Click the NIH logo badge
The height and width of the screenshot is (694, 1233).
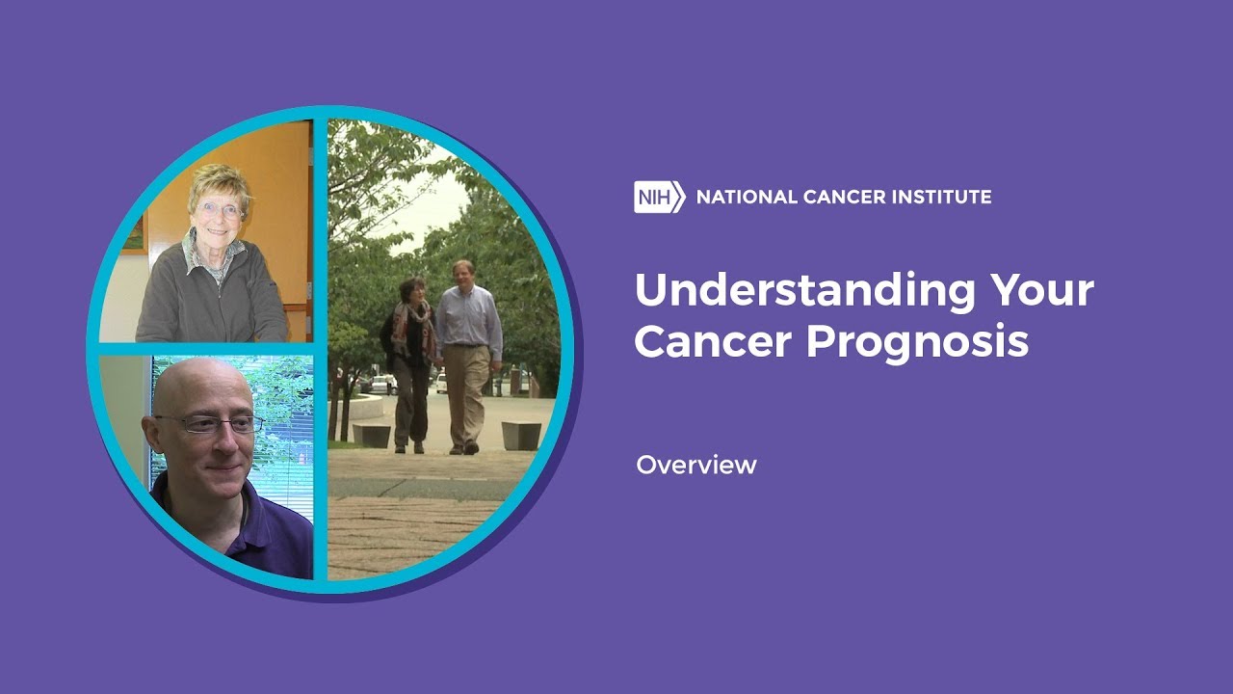point(660,197)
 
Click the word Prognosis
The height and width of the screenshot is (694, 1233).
point(918,342)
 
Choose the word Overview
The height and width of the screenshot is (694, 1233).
point(696,466)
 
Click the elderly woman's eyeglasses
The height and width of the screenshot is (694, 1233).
point(220,210)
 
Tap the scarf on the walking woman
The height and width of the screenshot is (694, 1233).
point(414,326)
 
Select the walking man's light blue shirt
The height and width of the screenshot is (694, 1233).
point(469,318)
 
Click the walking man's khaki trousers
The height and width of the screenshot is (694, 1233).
point(466,391)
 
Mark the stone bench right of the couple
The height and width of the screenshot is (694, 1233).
point(521,436)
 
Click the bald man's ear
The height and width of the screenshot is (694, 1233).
point(152,434)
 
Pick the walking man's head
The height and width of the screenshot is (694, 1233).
point(463,274)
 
